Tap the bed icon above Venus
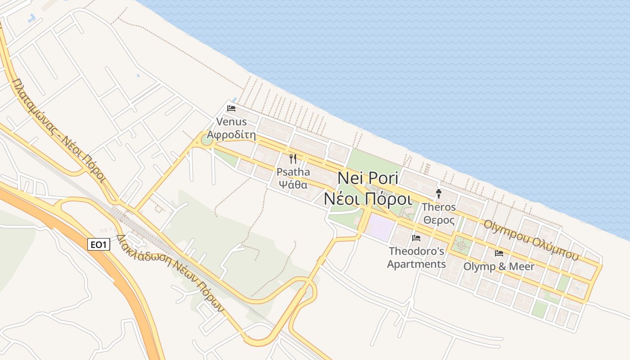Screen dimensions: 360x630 point(231,108)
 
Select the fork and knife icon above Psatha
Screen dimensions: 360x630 point(293,158)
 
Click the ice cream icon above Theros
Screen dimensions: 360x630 point(439,194)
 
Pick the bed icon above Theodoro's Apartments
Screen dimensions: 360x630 point(416,238)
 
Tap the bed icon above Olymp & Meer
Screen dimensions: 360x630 point(499,253)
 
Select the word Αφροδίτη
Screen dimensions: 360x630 point(231,135)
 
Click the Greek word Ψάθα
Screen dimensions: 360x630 point(293,184)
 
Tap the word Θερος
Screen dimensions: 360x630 point(439,220)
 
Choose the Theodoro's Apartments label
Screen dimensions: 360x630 point(416,257)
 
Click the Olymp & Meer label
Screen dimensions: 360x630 point(499,266)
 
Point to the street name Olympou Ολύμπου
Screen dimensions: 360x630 point(531,240)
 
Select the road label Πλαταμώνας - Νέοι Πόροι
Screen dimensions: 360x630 point(59,130)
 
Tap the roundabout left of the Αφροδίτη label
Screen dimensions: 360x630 point(207,140)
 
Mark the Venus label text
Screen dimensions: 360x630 point(231,122)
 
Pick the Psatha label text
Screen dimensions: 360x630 point(293,172)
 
